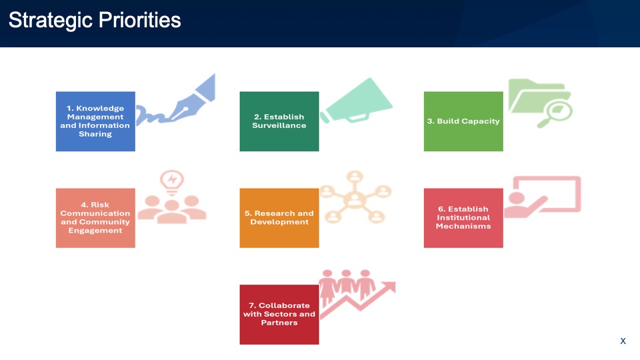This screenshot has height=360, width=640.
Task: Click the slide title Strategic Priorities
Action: [95, 21]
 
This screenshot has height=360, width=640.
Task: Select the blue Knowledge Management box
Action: [95, 121]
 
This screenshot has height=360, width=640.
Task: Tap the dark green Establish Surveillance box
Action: [279, 121]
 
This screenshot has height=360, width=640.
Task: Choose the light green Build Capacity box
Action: [463, 121]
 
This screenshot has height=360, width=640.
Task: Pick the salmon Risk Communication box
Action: [95, 218]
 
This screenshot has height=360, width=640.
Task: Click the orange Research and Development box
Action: [279, 218]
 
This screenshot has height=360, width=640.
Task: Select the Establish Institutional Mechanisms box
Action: [463, 218]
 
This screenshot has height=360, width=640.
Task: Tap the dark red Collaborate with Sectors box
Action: [279, 315]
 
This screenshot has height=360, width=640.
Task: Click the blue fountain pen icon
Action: [192, 100]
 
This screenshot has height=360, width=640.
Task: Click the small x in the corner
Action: [623, 341]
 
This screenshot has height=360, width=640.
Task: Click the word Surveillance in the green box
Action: [279, 125]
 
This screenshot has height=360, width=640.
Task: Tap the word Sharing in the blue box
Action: [95, 134]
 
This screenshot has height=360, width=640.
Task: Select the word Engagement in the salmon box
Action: [95, 231]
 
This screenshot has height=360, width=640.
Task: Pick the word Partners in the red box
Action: [279, 323]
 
